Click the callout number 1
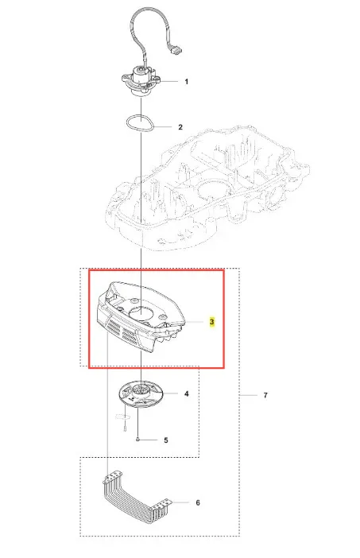[187, 82]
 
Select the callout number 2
[180, 127]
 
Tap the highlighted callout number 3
[212, 322]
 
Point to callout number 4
[187, 393]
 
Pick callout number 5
[166, 440]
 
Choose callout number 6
[198, 502]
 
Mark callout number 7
[265, 395]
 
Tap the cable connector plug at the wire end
[176, 51]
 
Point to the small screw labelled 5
[137, 440]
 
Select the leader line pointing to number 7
[248, 395]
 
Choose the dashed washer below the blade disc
[122, 416]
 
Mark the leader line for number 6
[180, 502]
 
